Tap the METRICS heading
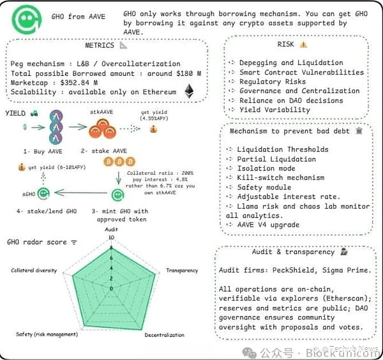[100, 45]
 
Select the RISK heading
[287, 44]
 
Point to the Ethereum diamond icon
[189, 92]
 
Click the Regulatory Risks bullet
[273, 82]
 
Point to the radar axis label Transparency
[182, 271]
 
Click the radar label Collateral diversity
[34, 270]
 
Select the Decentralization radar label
[164, 334]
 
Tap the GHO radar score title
[38, 242]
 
